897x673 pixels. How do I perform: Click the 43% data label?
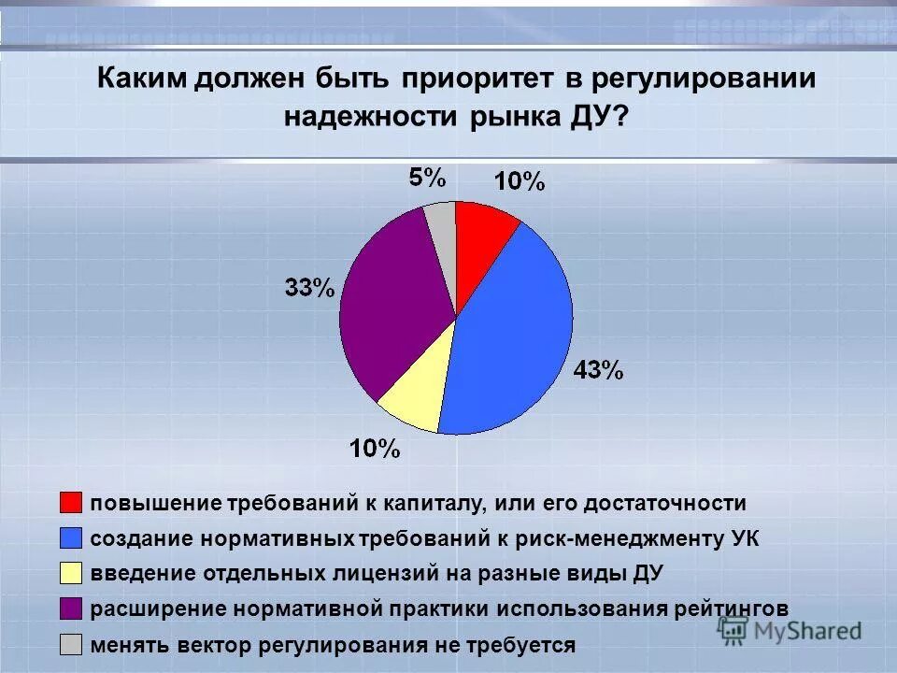pos(598,370)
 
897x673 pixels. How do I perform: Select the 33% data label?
pos(309,288)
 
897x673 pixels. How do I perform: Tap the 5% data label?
pos(427,179)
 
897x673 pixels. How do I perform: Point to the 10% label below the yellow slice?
pos(375,450)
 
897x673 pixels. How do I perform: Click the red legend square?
pos(71,503)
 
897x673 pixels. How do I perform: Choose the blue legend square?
pos(71,538)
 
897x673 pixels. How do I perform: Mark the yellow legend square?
pos(71,573)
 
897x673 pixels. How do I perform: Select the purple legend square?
pos(71,609)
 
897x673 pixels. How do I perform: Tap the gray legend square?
pos(71,644)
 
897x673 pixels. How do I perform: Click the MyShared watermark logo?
pos(790,630)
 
